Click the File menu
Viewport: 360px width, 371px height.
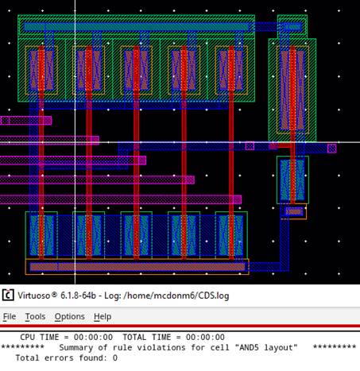[10, 316]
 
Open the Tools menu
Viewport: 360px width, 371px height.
[35, 316]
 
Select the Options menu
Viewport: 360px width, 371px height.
[70, 316]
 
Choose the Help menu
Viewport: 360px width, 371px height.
[103, 316]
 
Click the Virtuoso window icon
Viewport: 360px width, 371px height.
[8, 295]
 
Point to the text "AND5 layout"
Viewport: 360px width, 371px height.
[266, 347]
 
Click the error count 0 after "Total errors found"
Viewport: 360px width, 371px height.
[115, 358]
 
